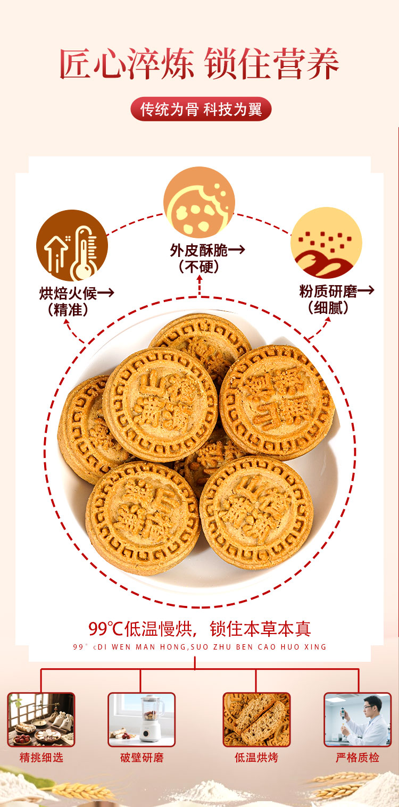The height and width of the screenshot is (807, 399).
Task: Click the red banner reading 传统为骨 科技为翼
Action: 201,109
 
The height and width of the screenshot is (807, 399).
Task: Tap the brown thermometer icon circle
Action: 72,245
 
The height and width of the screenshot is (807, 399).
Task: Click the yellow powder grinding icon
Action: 326,243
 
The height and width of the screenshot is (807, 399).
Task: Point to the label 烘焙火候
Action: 69,293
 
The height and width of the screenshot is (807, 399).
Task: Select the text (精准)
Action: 68,309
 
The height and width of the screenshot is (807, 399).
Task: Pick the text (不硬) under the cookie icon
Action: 199,266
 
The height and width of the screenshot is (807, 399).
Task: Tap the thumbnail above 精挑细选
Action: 41,719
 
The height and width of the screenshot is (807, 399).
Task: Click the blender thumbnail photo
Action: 142,719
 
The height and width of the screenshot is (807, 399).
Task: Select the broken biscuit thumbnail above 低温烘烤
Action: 256,719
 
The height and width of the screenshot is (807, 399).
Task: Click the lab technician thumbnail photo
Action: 358,719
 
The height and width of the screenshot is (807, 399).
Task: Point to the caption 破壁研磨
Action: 142,758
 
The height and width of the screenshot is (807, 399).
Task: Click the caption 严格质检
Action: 358,758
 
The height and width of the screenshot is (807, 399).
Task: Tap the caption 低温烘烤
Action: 256,758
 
